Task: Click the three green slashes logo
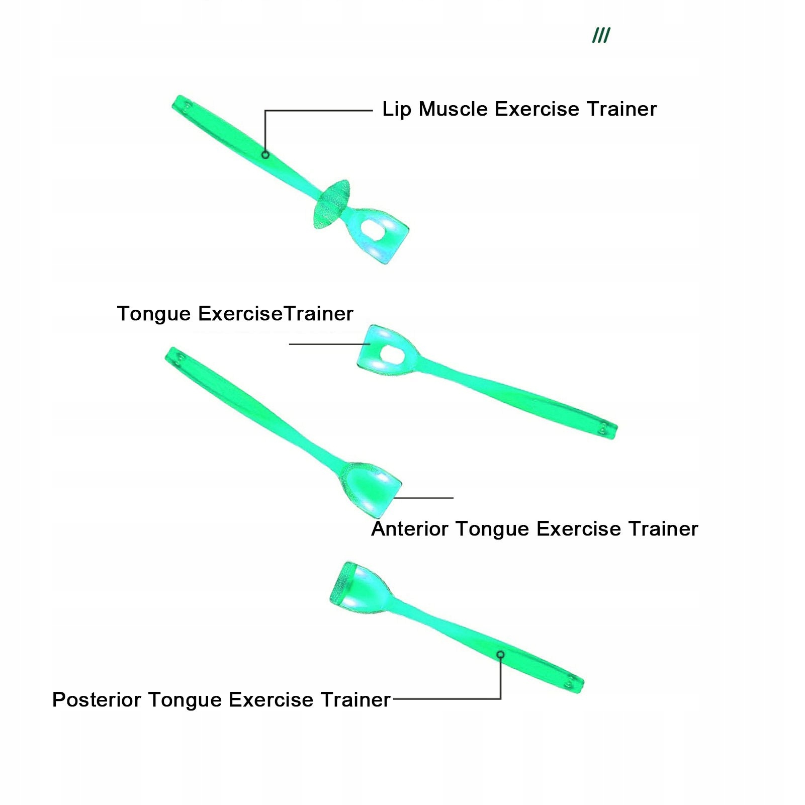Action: (x=601, y=36)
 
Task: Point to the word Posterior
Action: (x=97, y=700)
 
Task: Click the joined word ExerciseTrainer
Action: (x=276, y=314)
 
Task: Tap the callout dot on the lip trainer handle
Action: (x=265, y=155)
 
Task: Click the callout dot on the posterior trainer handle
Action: (x=501, y=654)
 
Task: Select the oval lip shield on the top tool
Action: (x=331, y=204)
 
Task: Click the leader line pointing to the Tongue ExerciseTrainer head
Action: (x=329, y=344)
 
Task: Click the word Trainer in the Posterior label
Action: (x=355, y=700)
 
